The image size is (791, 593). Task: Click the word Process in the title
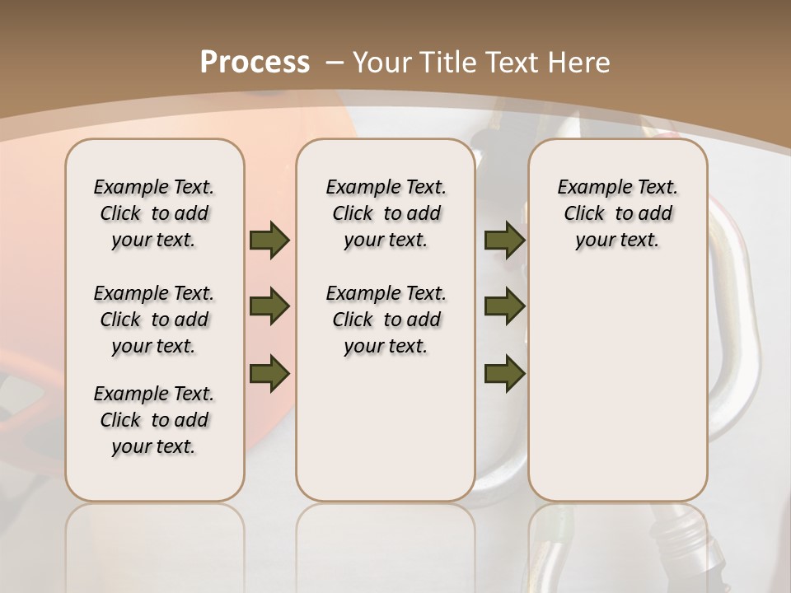[255, 63]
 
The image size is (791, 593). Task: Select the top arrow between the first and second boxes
[269, 240]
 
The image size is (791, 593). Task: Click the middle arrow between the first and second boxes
[269, 306]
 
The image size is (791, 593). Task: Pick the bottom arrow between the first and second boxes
[269, 373]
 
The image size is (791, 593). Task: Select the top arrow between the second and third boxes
[504, 240]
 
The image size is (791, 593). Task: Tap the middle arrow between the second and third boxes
[504, 306]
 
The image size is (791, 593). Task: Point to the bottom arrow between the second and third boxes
[504, 373]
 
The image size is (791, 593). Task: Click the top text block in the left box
[154, 213]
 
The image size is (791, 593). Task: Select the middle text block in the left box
[154, 320]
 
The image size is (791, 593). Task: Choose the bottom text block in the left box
[154, 420]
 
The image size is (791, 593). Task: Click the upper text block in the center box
[386, 213]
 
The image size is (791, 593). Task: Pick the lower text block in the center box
[386, 320]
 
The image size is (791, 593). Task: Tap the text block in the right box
[617, 213]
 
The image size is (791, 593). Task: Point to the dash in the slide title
[335, 63]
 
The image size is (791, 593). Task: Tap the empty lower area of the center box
[386, 437]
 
